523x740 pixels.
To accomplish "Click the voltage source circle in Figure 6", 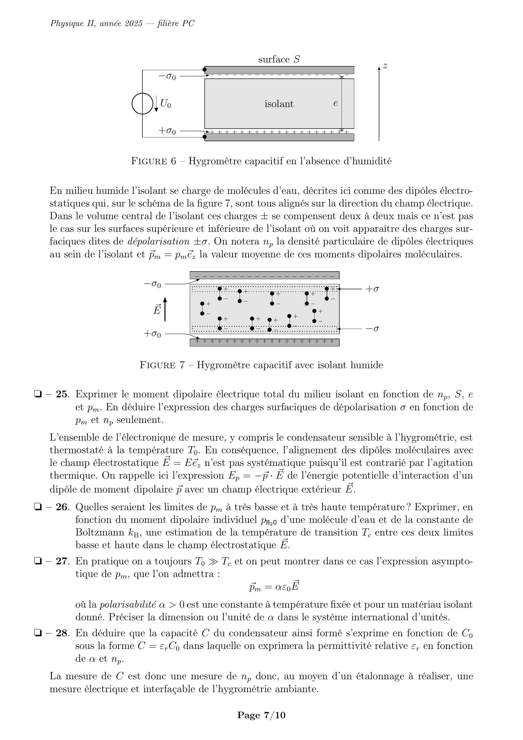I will (142, 104).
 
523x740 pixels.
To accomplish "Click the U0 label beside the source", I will (165, 104).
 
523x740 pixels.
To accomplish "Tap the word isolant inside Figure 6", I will (279, 104).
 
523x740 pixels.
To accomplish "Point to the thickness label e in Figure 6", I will (336, 103).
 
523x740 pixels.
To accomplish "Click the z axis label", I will (385, 66).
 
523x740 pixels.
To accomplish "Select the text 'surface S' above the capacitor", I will (279, 59).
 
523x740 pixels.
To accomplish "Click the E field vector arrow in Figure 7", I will (165, 310).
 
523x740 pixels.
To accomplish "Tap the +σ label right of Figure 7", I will (372, 289).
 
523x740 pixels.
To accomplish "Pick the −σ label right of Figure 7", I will (372, 329).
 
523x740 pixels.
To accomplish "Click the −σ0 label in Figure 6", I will (167, 77).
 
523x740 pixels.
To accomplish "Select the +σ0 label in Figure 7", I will (152, 334).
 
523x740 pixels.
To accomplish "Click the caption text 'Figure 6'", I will (153, 161).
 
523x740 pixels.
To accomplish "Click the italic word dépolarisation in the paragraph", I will (159, 241).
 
